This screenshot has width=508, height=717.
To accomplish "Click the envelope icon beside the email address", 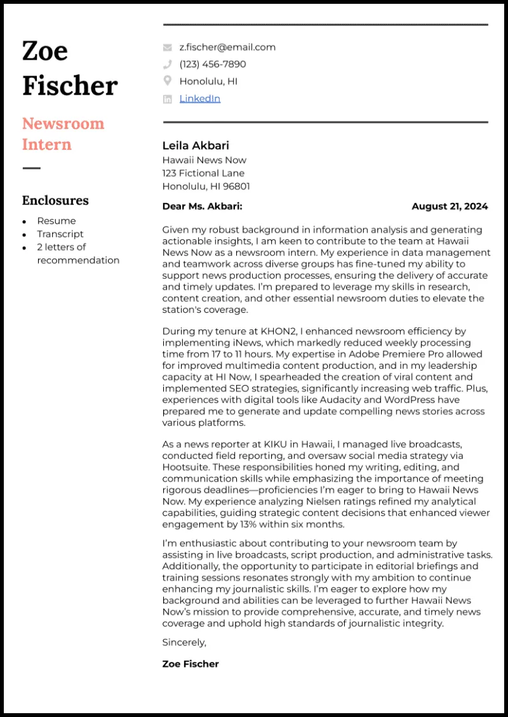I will (x=168, y=47).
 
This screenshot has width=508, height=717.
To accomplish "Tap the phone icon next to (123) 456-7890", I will (x=168, y=64).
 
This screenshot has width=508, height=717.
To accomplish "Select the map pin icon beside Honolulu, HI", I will (x=168, y=81).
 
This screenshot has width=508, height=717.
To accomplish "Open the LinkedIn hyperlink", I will (x=199, y=98).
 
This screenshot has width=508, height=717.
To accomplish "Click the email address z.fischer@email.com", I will (x=227, y=47).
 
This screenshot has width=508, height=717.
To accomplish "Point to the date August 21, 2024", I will (x=450, y=206).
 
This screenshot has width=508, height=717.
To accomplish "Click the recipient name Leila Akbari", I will (x=196, y=146).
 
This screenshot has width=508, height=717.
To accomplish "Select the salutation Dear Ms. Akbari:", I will (x=202, y=206).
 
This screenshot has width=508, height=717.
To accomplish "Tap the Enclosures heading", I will (x=55, y=201).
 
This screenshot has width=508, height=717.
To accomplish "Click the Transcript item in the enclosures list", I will (x=60, y=234).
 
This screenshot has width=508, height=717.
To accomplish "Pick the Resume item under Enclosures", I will (x=56, y=221).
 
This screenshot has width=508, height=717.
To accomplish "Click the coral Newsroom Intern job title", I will (x=63, y=134).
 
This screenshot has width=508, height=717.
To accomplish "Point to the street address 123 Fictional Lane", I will (x=203, y=173).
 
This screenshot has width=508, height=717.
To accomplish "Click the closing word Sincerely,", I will (x=184, y=642).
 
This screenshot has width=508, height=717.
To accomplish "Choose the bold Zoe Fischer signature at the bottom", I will (x=190, y=664).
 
